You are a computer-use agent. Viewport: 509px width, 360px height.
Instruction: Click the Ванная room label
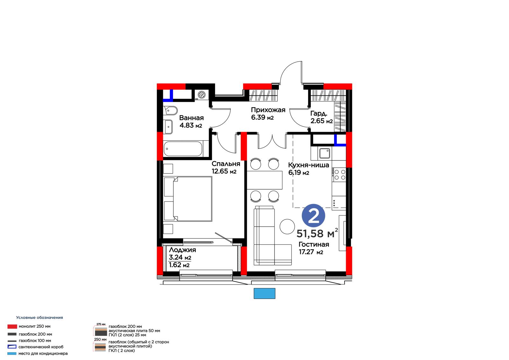[191, 118]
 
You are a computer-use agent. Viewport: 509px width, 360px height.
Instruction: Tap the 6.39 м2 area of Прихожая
[262, 117]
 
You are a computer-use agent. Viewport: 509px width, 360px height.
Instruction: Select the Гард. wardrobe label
[319, 113]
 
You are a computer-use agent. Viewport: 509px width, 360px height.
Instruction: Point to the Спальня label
[226, 164]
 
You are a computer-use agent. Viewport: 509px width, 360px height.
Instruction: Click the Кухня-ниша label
[309, 165]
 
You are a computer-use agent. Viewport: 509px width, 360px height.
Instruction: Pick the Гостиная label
[314, 244]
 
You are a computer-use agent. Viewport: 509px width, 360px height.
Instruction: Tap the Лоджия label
[182, 250]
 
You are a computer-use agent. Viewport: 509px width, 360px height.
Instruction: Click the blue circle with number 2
[313, 215]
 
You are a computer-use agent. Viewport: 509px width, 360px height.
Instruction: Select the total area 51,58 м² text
[317, 233]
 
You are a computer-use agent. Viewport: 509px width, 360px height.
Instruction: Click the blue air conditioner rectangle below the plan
[264, 293]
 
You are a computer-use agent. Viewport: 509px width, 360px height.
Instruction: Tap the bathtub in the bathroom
[183, 149]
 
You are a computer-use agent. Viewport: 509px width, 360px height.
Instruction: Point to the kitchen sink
[324, 153]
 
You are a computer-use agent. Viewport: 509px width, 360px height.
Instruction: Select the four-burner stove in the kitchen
[339, 175]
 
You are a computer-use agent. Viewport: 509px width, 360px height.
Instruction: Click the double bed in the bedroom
[188, 199]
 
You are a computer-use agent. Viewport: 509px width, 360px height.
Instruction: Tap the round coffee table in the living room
[287, 227]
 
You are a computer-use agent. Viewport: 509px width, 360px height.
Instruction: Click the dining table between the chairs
[265, 180]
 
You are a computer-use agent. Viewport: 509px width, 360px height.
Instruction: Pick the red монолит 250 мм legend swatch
[12, 327]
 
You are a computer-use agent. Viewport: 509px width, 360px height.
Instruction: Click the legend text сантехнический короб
[41, 347]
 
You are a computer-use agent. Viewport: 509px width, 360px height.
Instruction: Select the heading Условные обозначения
[39, 317]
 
